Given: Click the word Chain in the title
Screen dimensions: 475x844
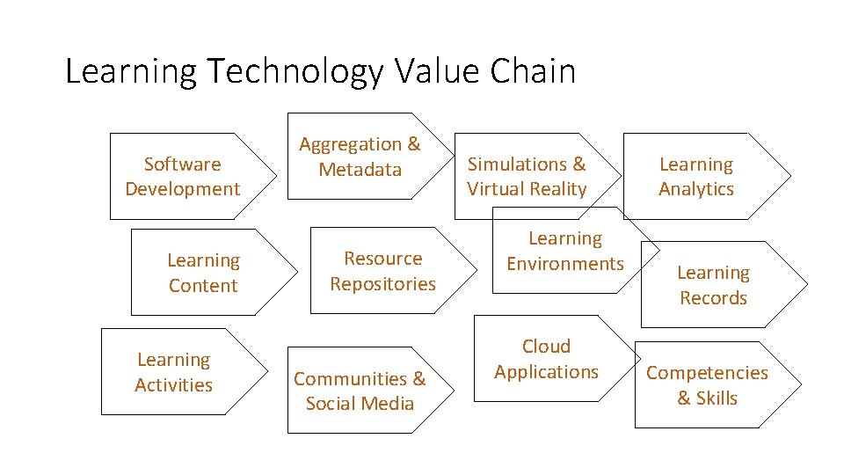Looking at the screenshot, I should click(x=533, y=71).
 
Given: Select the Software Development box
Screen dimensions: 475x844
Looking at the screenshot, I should click(x=183, y=176).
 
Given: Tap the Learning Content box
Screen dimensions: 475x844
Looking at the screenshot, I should click(x=203, y=273).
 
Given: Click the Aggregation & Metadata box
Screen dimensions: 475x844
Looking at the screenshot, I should click(x=360, y=157).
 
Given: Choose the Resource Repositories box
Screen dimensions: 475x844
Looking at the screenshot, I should click(x=382, y=271).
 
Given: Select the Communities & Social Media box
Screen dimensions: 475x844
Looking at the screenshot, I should click(x=360, y=391).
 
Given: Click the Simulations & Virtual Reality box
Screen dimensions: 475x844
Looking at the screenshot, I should click(x=527, y=176).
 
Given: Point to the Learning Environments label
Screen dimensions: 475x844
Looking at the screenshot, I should click(x=565, y=251).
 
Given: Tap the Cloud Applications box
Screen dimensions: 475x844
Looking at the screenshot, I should click(x=546, y=359).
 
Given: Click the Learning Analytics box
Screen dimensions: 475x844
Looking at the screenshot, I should click(x=696, y=176).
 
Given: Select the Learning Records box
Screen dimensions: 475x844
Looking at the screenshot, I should click(x=713, y=285).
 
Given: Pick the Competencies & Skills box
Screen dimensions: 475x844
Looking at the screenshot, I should click(x=708, y=384).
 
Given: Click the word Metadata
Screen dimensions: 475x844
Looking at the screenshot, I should click(x=360, y=170).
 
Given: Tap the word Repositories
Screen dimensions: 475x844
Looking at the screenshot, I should click(x=382, y=283).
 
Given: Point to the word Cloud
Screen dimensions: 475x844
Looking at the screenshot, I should click(x=546, y=347).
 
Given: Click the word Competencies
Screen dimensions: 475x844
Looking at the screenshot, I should click(x=708, y=372).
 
